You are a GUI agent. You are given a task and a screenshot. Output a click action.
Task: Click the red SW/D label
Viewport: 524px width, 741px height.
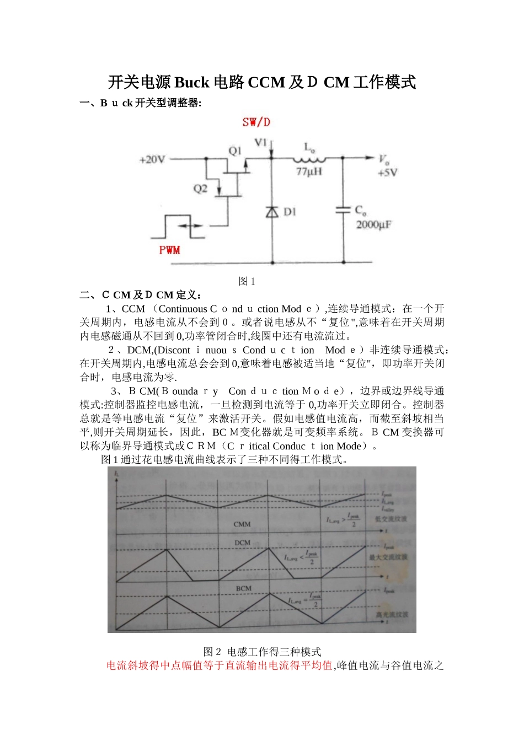tap(256, 122)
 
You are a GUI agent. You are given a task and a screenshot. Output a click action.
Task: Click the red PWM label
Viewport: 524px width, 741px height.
tap(169, 250)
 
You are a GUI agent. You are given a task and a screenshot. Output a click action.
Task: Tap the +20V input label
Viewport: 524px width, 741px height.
tap(152, 160)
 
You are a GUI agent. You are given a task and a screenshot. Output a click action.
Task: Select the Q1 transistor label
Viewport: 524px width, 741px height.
tap(235, 151)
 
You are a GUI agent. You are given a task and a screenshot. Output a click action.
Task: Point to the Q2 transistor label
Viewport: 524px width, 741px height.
tap(200, 189)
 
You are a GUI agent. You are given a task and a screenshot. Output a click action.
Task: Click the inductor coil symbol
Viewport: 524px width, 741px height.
tap(309, 160)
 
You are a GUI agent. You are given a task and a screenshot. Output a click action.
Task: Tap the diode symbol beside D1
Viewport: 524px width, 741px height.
tap(272, 211)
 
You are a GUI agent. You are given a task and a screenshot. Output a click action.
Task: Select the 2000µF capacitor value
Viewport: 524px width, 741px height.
tap(374, 225)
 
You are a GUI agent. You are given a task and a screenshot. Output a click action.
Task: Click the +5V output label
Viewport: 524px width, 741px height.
tap(387, 173)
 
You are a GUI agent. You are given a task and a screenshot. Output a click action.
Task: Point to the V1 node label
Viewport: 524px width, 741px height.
tap(261, 143)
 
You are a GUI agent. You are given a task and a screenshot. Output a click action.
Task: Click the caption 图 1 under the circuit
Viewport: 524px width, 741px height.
tap(247, 281)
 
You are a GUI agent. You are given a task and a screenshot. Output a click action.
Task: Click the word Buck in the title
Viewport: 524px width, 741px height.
tap(192, 83)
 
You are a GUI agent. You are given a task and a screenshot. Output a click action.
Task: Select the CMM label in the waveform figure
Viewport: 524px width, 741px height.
tap(242, 524)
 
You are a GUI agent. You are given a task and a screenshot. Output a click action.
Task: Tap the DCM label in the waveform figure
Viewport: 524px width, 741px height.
tap(242, 543)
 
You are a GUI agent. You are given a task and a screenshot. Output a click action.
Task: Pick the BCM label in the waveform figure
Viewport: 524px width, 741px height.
tap(243, 588)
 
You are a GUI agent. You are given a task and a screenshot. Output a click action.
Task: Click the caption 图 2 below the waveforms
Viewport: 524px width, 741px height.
tap(212, 652)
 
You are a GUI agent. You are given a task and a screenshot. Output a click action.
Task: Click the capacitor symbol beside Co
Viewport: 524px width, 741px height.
tap(343, 211)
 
